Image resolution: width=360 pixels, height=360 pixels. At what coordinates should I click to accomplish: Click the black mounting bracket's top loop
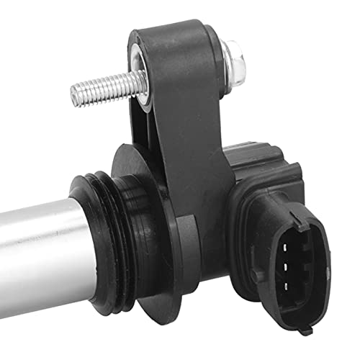click(173, 43)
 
